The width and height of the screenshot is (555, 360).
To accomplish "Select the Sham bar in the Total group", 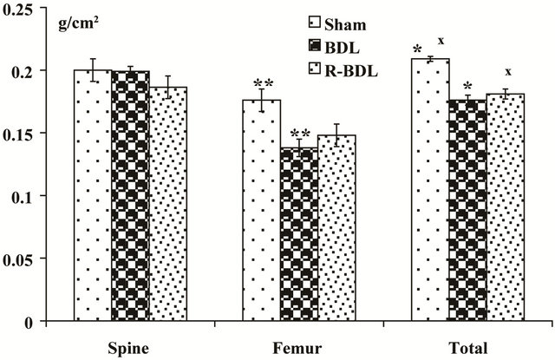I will point(430,190).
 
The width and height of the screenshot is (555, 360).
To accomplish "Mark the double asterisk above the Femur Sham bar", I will point(264,84).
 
